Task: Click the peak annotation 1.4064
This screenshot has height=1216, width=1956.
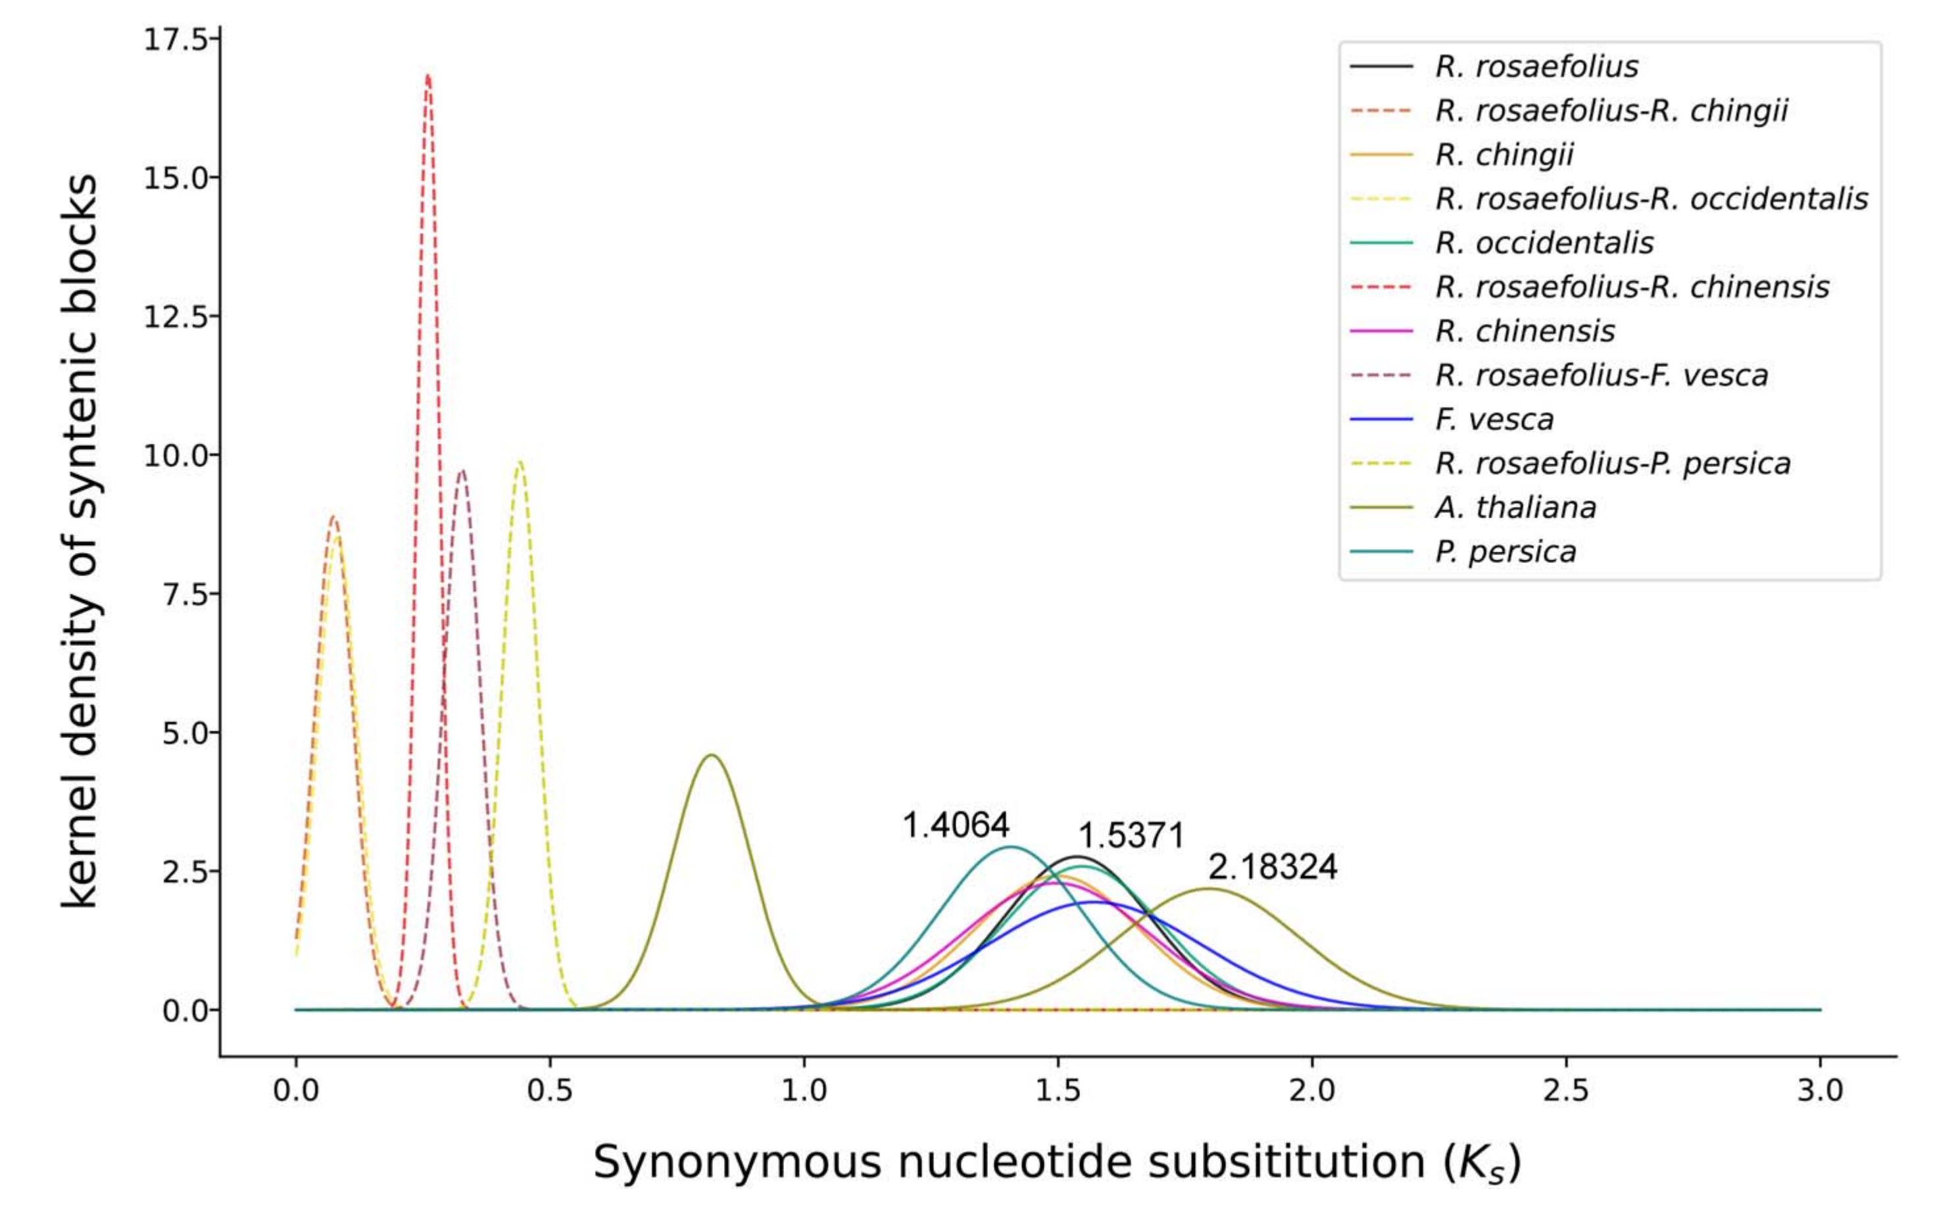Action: pos(956,825)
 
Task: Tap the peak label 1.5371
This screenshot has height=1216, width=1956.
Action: pos(1131,837)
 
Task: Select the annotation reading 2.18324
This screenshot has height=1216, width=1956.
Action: pos(1273,867)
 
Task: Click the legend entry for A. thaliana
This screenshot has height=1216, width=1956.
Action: pos(1515,508)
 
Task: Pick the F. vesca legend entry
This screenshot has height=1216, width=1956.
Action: pos(1494,420)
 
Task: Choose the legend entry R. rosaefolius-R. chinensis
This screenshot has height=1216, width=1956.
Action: pos(1632,287)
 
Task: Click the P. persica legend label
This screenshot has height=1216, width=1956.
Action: pos(1505,552)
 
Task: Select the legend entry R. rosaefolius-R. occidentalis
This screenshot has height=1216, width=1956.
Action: pos(1651,199)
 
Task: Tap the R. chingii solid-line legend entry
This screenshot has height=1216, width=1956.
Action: pos(1504,155)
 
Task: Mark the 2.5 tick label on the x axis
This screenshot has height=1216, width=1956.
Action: pos(1566,1091)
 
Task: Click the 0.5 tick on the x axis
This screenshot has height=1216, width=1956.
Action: pos(550,1091)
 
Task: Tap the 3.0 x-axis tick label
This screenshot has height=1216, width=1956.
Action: pos(1820,1091)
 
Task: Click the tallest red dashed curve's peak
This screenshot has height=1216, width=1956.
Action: pos(428,76)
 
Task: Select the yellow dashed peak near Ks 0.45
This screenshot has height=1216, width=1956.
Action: pos(520,462)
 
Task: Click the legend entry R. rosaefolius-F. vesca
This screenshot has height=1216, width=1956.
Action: pos(1601,376)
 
